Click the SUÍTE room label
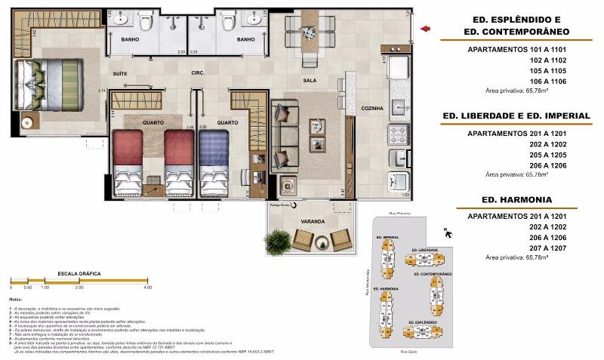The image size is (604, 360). (x=119, y=74)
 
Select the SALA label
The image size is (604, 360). (x=310, y=80)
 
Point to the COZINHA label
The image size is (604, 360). (x=371, y=109)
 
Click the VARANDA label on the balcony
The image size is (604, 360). (x=313, y=222)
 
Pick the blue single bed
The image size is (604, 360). (x=214, y=160)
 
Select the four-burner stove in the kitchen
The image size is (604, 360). (x=398, y=134)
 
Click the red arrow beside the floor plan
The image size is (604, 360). (x=426, y=29)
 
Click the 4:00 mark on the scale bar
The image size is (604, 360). (x=147, y=288)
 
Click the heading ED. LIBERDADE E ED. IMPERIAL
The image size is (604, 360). (x=516, y=115)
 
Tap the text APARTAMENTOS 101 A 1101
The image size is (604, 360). (x=516, y=50)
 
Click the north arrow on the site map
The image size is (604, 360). (x=448, y=234)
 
